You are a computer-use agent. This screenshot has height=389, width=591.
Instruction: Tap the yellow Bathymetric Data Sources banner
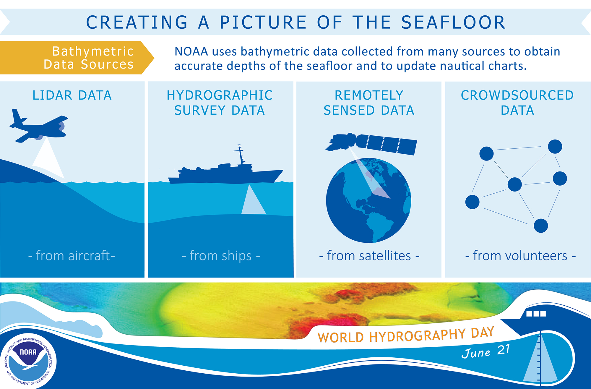[x=77, y=58]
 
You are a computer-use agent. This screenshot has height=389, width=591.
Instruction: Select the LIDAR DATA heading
[x=72, y=95]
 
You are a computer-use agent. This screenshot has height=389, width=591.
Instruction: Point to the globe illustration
[x=368, y=200]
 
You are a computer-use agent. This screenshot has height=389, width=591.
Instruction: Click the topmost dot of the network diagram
[x=555, y=147]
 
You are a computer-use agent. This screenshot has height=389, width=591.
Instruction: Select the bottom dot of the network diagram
[x=541, y=226]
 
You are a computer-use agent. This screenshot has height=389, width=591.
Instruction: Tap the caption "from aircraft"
[x=72, y=256]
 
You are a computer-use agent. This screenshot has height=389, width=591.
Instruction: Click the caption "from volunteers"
[x=520, y=256]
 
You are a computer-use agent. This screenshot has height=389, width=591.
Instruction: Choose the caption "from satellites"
[x=369, y=256]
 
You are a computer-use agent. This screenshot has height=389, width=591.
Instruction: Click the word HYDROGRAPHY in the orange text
[x=417, y=336]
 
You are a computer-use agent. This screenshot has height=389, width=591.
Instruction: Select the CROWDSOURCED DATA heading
[x=517, y=103]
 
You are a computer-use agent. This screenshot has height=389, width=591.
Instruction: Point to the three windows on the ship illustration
[x=536, y=313]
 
